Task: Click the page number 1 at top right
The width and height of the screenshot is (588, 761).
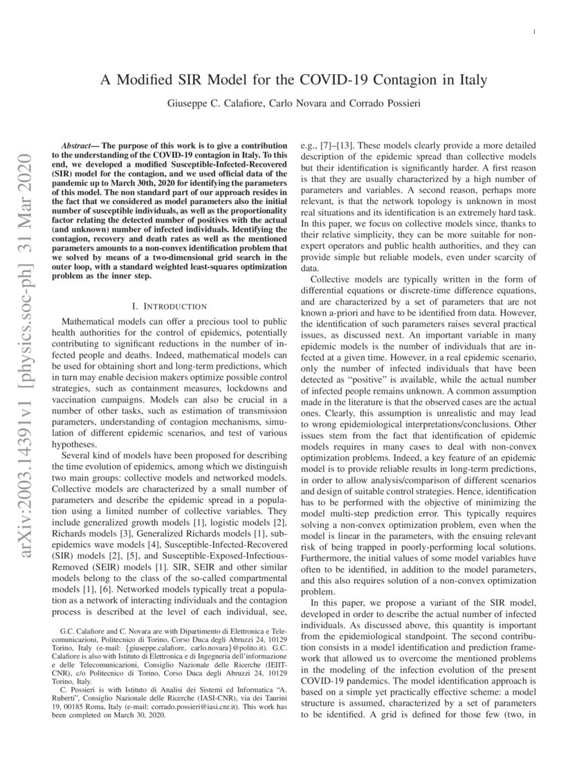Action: pos(536,33)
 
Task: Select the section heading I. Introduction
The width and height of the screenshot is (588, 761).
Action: pos(169,305)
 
